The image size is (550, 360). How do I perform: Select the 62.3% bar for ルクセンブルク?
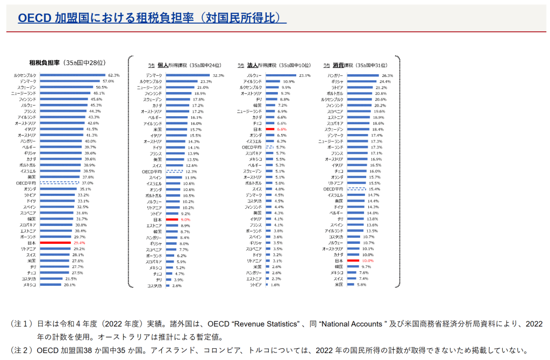[72, 75]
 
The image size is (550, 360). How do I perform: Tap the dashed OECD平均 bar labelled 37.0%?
[59, 183]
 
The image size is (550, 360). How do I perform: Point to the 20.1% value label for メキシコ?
[69, 285]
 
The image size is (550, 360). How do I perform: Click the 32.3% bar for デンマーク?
[188, 75]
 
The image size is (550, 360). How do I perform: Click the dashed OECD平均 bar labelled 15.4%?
[356, 189]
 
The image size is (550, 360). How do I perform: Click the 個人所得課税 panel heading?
[182, 65]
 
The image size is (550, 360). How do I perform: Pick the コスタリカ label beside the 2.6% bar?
[154, 286]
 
